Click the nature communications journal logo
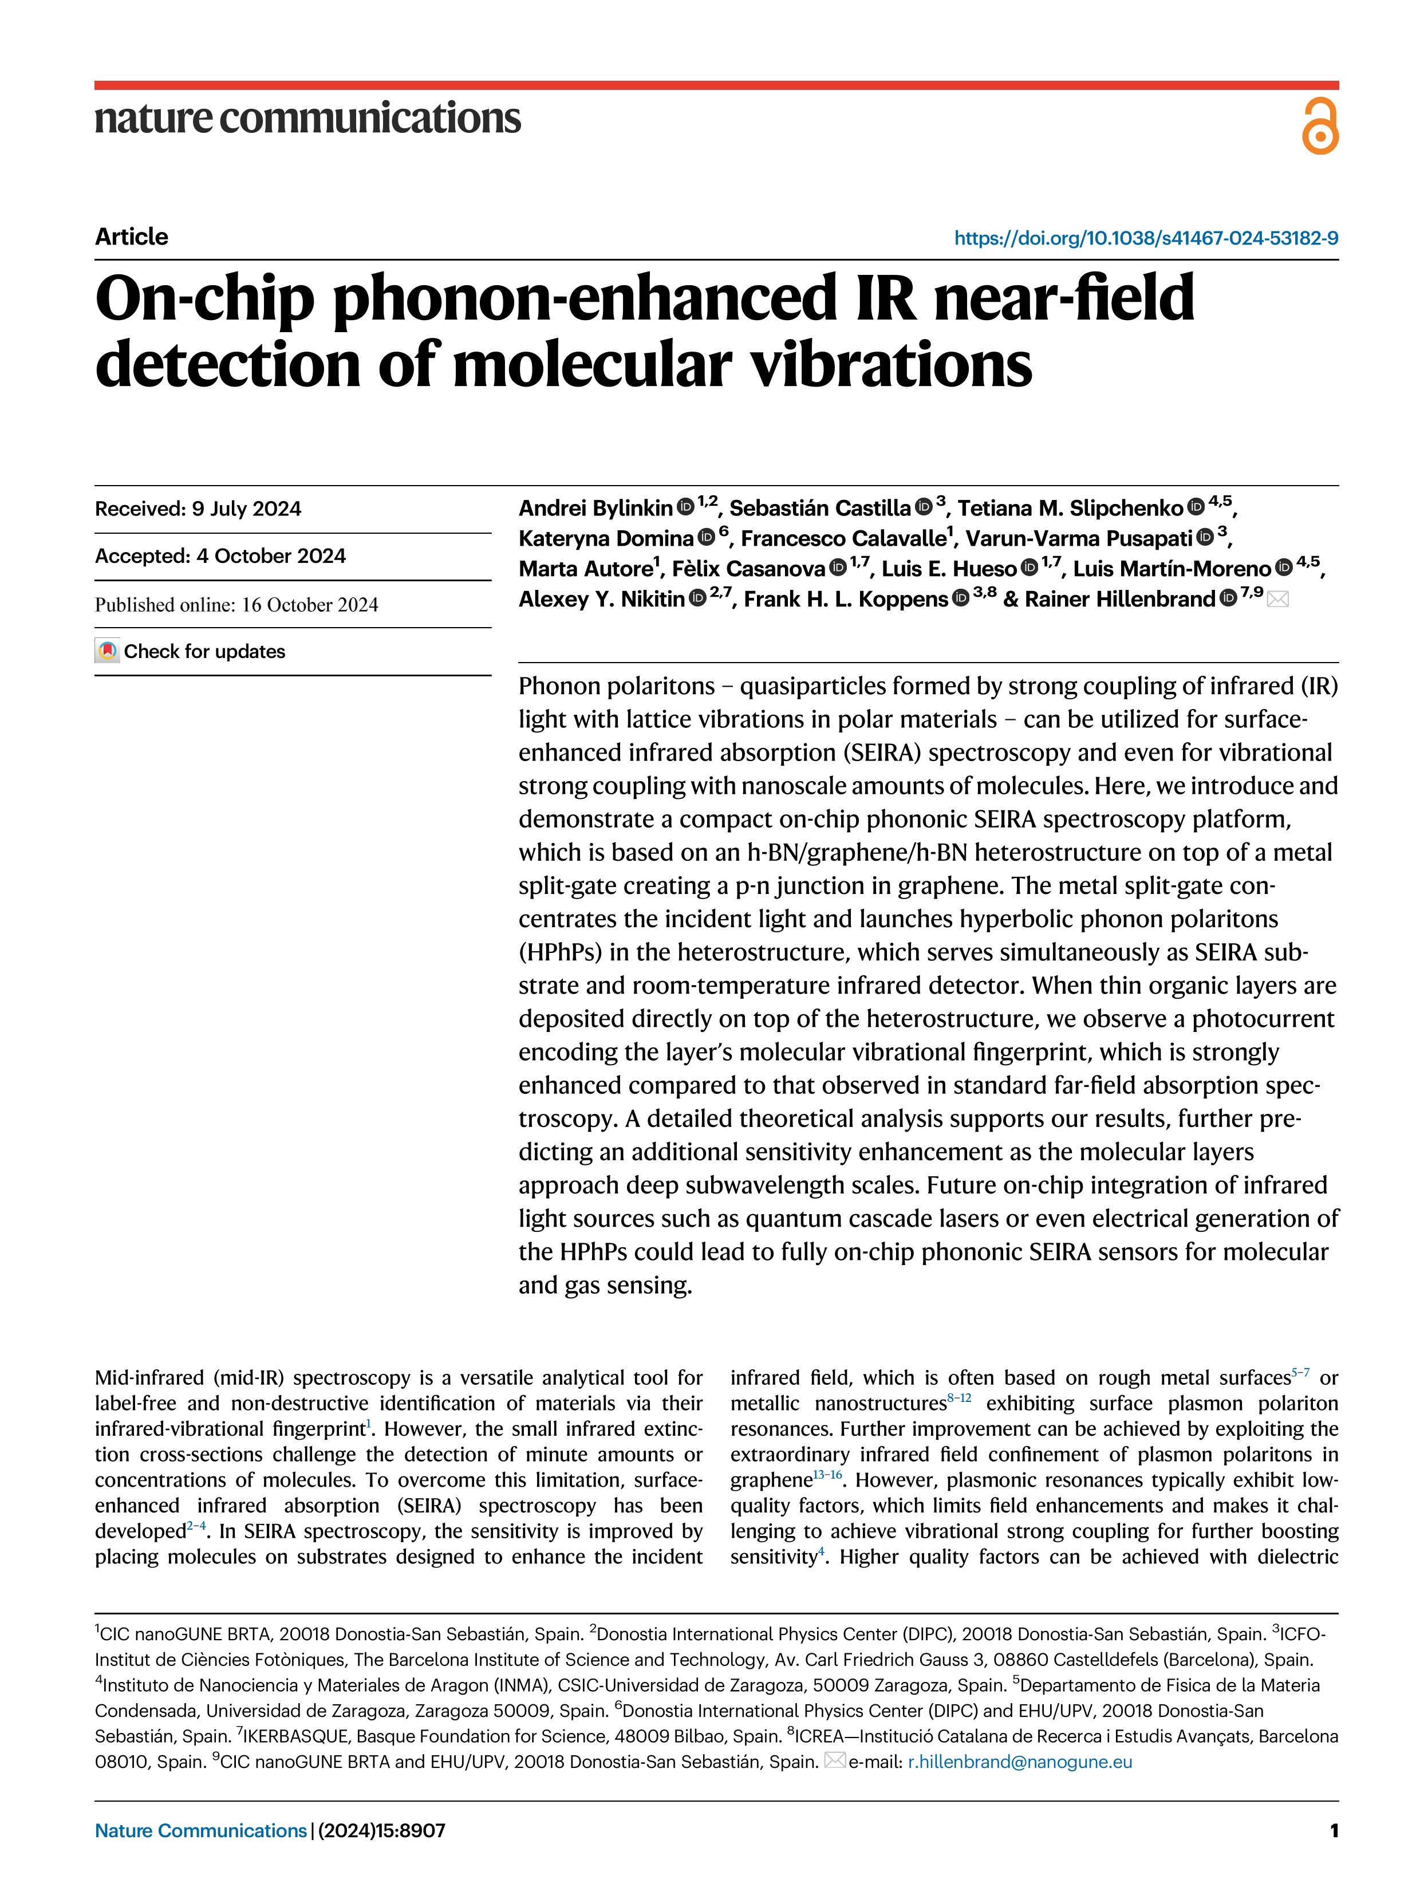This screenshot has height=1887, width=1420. tap(307, 119)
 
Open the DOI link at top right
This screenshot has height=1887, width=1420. tap(1145, 238)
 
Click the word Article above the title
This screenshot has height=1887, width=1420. tap(131, 237)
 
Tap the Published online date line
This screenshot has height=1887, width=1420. tap(236, 605)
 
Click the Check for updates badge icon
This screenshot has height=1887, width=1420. tap(107, 651)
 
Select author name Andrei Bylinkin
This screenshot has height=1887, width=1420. tap(595, 509)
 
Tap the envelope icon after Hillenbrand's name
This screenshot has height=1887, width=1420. tap(1277, 600)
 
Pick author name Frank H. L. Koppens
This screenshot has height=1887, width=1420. tap(845, 600)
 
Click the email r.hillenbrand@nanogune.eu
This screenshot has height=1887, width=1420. tap(1019, 1762)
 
